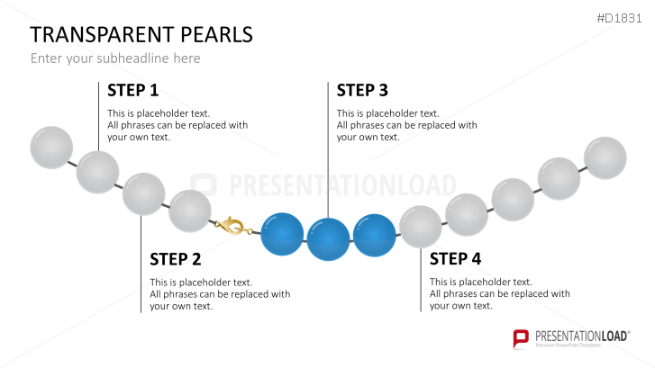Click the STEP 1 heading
(x=132, y=90)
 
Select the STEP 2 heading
(x=175, y=259)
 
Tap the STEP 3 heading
(x=362, y=90)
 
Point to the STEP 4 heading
(x=455, y=259)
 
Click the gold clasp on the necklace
(x=232, y=226)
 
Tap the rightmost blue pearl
(x=374, y=234)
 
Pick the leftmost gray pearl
(x=51, y=148)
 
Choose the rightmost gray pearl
(x=605, y=158)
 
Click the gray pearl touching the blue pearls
(x=420, y=226)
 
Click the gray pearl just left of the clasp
(x=190, y=211)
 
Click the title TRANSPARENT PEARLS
(x=141, y=35)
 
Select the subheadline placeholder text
(x=115, y=58)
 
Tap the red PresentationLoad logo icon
(x=520, y=338)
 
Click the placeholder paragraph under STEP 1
(x=177, y=125)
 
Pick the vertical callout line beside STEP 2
(x=141, y=270)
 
